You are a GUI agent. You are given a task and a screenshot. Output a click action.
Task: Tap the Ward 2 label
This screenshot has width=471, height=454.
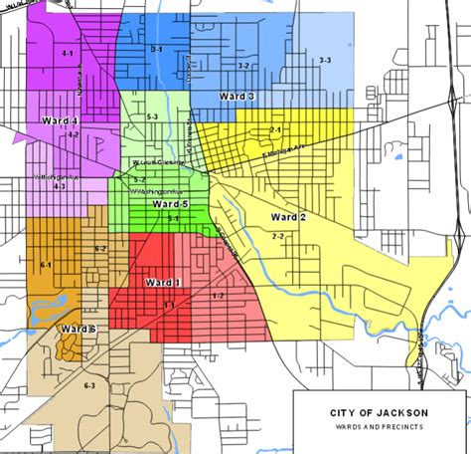tap(288, 217)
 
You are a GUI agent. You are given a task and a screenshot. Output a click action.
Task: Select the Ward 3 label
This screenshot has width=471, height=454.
tap(236, 96)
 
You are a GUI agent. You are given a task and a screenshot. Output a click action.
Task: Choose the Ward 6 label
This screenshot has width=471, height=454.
tap(77, 329)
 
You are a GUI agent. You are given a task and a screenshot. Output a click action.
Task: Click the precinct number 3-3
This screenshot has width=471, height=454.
tap(324, 62)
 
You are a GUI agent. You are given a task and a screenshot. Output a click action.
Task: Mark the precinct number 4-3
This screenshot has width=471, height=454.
tap(60, 186)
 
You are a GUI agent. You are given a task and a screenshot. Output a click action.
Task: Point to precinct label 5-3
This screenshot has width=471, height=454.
tap(152, 117)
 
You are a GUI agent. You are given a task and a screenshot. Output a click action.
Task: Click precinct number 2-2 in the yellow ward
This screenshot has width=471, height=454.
tap(277, 236)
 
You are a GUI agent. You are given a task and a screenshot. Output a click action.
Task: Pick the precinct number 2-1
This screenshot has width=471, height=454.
tap(275, 130)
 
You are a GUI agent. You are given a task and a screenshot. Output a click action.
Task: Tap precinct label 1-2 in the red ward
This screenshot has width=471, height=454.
tap(218, 297)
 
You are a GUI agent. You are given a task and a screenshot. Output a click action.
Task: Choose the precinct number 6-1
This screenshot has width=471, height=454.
tap(46, 265)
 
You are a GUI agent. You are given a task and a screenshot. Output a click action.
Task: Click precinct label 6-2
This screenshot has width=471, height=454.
tap(100, 248)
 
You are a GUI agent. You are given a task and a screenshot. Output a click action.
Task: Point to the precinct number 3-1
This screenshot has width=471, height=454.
tap(157, 49)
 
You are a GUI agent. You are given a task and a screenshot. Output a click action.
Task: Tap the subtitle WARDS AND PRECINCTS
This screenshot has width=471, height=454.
tap(381, 426)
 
